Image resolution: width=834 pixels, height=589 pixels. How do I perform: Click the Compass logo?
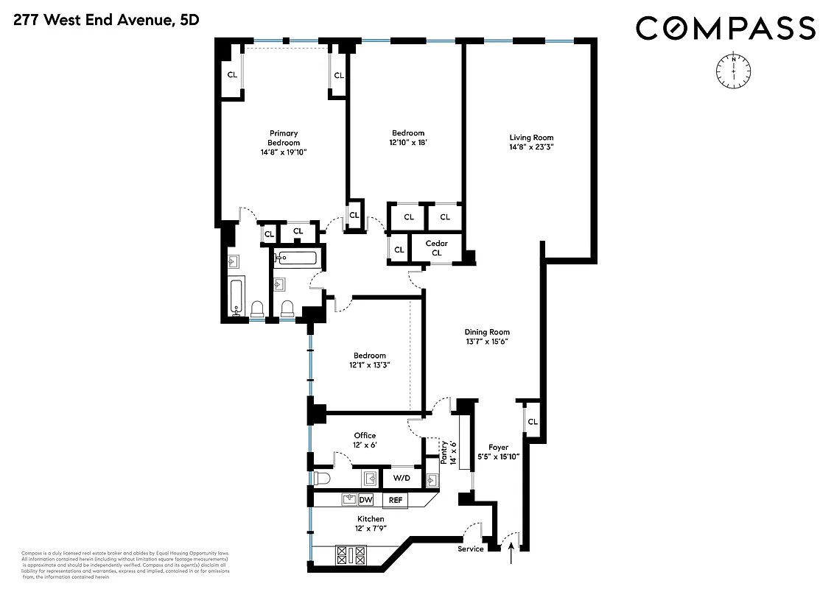pos(726,29)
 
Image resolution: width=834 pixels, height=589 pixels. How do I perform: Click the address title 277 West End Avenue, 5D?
pos(105,21)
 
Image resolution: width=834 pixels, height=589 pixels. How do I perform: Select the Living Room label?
pos(531,138)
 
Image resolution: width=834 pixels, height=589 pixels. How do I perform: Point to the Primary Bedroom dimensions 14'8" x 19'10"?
pos(283,152)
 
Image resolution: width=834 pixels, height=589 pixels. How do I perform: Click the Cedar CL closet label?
pos(436,248)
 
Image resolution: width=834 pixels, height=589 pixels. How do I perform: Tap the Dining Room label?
pos(487,332)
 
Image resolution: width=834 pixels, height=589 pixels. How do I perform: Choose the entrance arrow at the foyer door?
pos(511,552)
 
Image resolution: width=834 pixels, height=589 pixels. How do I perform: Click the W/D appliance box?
pos(401,479)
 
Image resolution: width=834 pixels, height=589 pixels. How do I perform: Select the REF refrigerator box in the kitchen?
pos(396,500)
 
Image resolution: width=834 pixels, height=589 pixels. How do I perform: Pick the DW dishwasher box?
pos(365,500)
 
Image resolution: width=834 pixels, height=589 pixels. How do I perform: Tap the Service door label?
pos(471,549)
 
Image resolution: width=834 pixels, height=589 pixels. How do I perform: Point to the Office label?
pos(365,436)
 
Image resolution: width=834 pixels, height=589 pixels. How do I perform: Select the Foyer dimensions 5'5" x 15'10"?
pos(499,456)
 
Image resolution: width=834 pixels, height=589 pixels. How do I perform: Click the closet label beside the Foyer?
pos(533,422)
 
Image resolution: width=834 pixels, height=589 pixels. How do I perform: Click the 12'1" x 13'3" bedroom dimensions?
pos(368,364)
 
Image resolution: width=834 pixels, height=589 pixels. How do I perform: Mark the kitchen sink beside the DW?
pos(348,500)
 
